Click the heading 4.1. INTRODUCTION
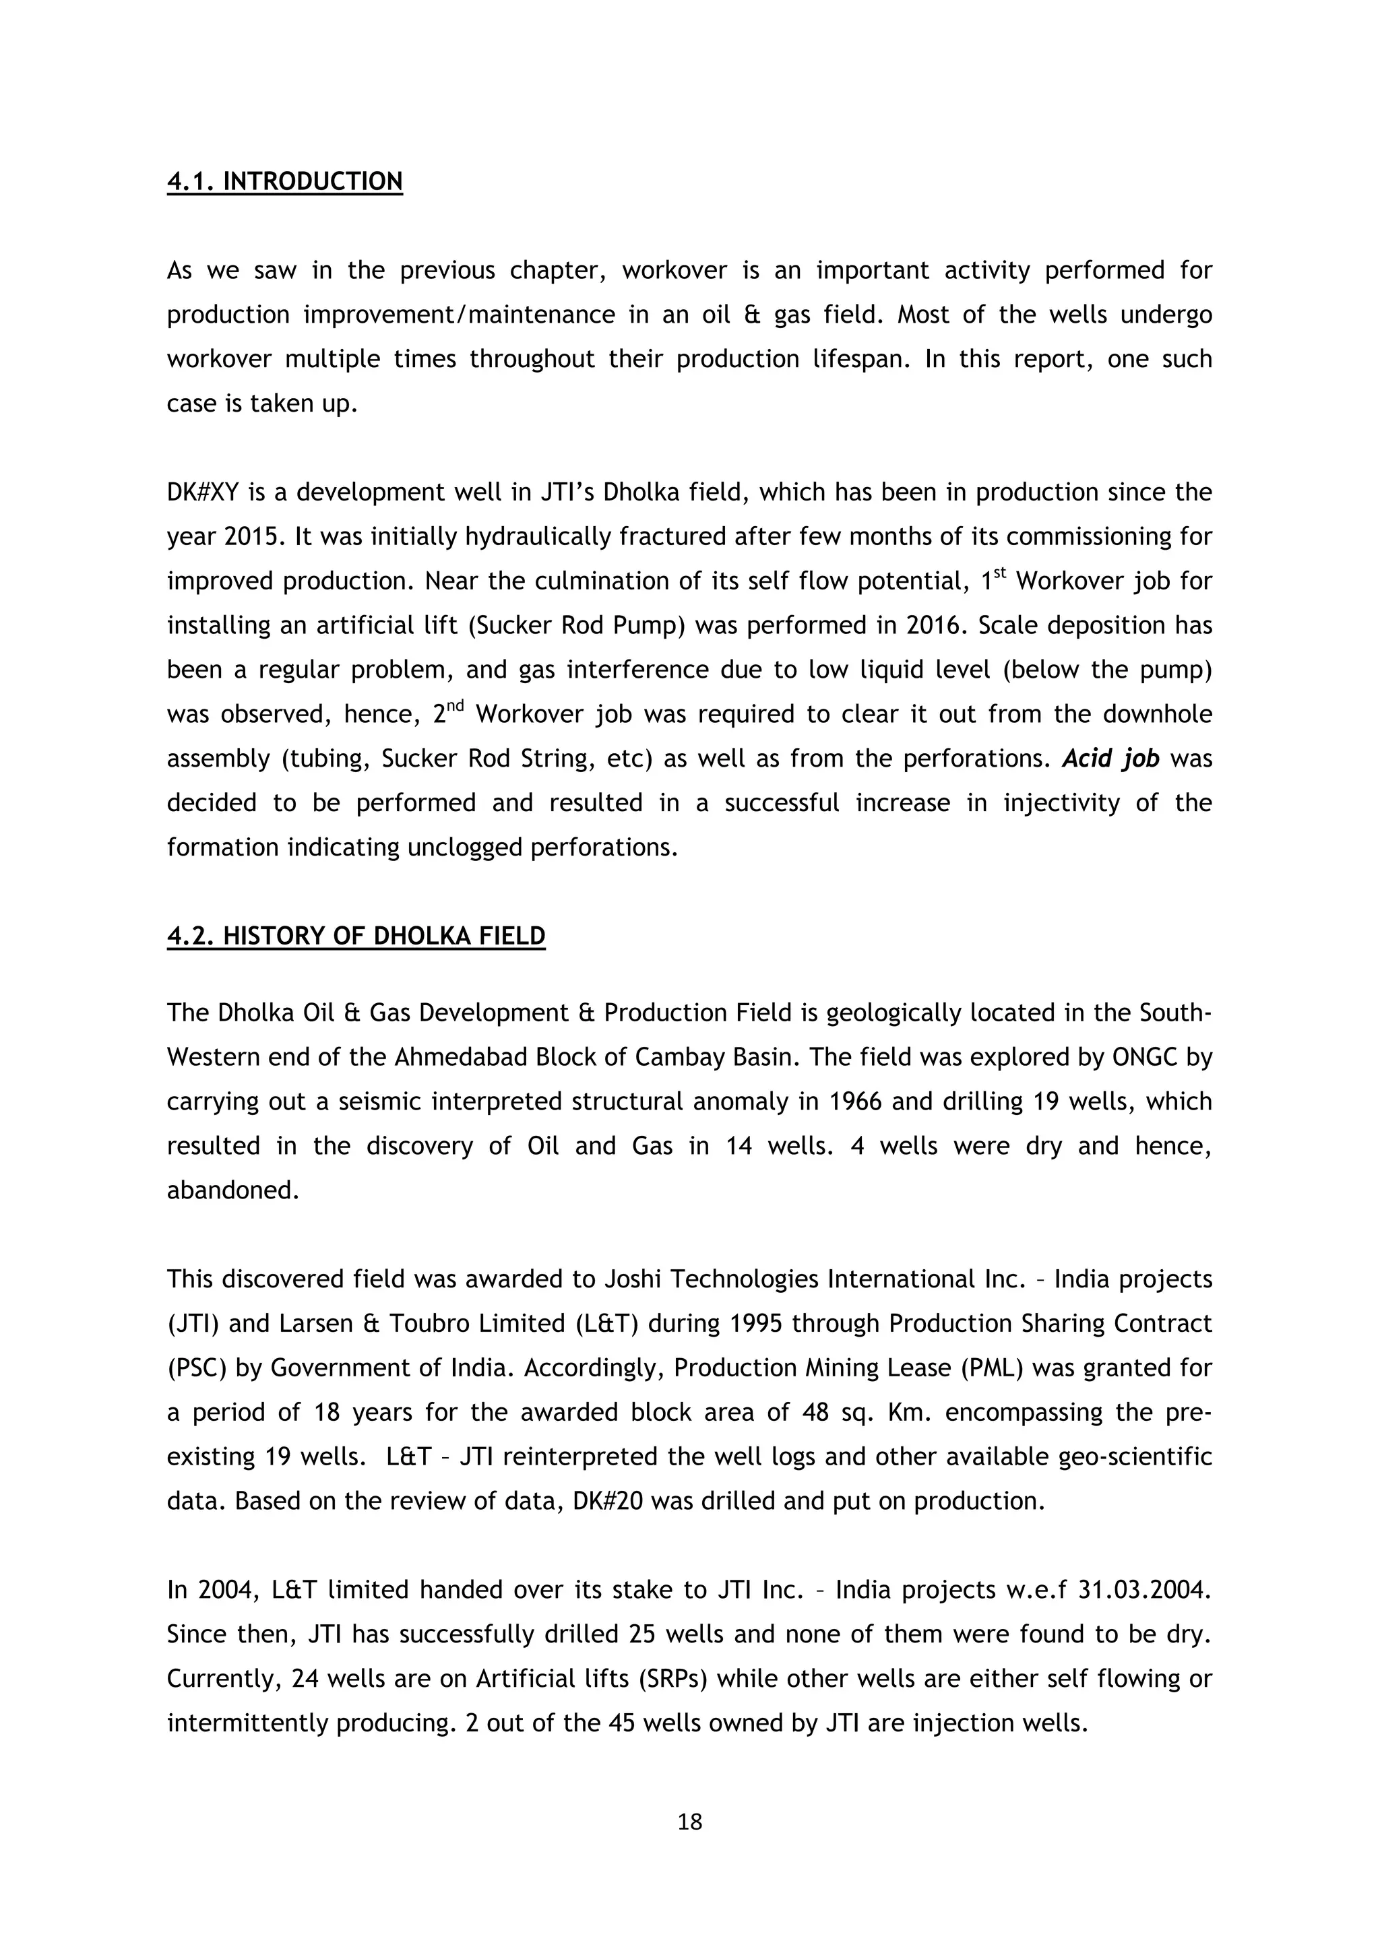[284, 182]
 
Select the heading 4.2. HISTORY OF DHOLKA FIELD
[356, 936]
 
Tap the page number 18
[690, 1822]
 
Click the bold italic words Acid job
[1110, 759]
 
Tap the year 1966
[856, 1102]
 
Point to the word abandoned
[233, 1190]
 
